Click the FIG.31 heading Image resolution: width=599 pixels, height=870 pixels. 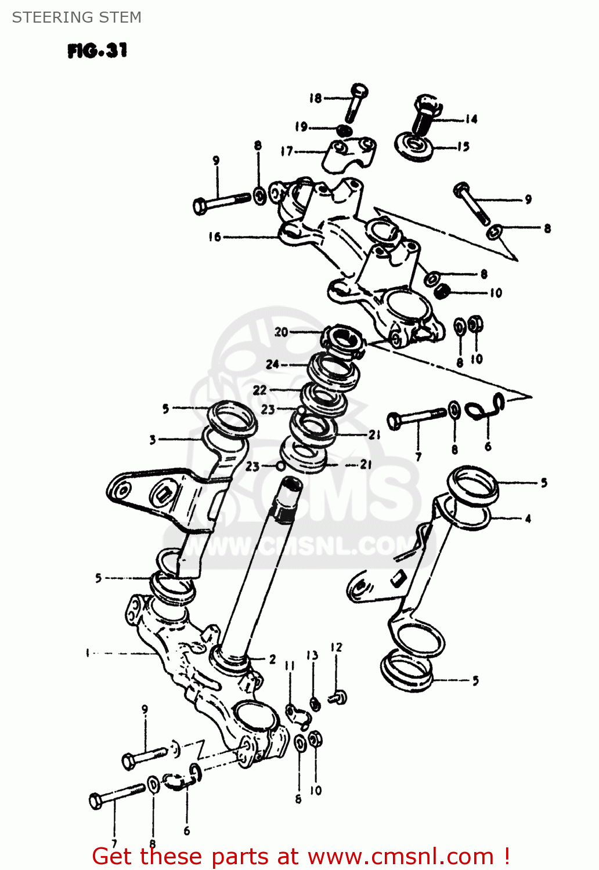tap(97, 51)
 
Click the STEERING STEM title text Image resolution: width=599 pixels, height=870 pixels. tap(77, 17)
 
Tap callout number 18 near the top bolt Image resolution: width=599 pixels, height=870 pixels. tap(315, 98)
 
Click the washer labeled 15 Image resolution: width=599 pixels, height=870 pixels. tap(414, 147)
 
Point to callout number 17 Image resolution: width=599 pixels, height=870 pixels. tap(287, 151)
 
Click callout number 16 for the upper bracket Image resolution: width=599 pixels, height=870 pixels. tap(215, 237)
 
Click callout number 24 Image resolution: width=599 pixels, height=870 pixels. tap(272, 364)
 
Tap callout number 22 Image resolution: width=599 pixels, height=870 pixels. tap(259, 390)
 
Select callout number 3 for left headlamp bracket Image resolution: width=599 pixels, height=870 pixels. tap(153, 439)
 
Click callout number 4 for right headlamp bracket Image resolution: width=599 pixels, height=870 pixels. tap(528, 519)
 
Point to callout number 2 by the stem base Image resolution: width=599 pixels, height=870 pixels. tap(272, 659)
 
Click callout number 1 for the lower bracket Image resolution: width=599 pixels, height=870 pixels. tap(88, 653)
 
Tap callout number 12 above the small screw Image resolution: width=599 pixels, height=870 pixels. tap(336, 647)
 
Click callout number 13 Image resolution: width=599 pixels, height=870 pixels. tap(312, 655)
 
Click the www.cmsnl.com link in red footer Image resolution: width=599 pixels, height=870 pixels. tap(400, 856)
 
